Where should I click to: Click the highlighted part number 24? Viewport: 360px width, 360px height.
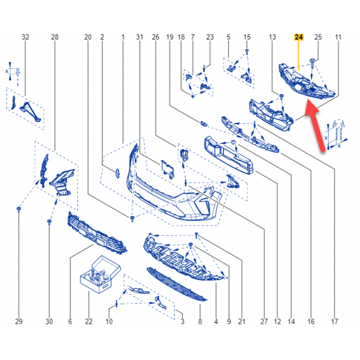(x=299, y=37)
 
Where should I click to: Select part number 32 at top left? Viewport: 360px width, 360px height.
(x=25, y=37)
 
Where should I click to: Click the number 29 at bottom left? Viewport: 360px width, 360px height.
(x=19, y=321)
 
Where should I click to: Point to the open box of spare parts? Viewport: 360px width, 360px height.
(x=100, y=274)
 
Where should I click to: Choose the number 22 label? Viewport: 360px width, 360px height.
(x=89, y=321)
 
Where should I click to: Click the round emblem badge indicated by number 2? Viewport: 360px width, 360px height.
(x=117, y=173)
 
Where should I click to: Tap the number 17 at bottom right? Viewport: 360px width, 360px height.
(x=335, y=321)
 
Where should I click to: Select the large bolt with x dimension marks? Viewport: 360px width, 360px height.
(x=336, y=134)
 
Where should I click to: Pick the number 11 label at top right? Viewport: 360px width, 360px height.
(x=338, y=37)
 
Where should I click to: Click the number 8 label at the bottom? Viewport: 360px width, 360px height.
(x=200, y=321)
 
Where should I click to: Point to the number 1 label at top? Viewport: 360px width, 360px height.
(x=123, y=37)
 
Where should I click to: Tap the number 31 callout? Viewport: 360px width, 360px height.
(x=140, y=37)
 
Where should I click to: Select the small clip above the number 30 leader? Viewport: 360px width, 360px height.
(x=49, y=222)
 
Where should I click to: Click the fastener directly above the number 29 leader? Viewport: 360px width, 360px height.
(x=19, y=210)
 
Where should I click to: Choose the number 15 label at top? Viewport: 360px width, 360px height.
(x=247, y=37)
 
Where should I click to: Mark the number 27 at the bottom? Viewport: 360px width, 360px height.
(x=264, y=321)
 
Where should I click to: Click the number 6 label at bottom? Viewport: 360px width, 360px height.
(x=70, y=321)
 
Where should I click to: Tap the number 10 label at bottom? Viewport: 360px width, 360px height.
(x=109, y=321)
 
